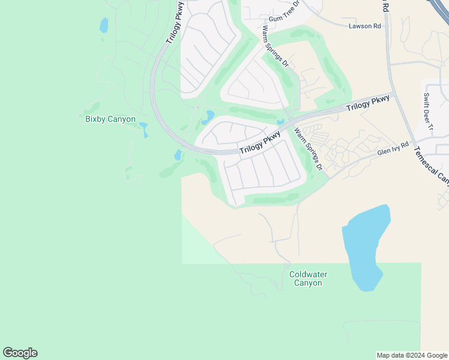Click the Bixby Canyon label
point(110,119)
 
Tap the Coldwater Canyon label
point(308,278)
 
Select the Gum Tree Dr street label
point(284,19)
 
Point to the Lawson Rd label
point(365,26)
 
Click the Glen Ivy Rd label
point(393,149)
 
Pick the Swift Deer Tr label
point(428,111)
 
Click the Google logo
point(20,353)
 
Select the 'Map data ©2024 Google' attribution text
point(412,355)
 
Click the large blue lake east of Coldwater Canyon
point(364,246)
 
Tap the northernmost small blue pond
point(104,25)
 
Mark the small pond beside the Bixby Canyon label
point(144,130)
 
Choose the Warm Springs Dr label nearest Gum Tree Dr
point(276,46)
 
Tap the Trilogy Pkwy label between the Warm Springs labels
point(260,143)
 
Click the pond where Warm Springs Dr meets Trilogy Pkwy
point(280,122)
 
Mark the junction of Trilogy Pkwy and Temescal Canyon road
point(393,93)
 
